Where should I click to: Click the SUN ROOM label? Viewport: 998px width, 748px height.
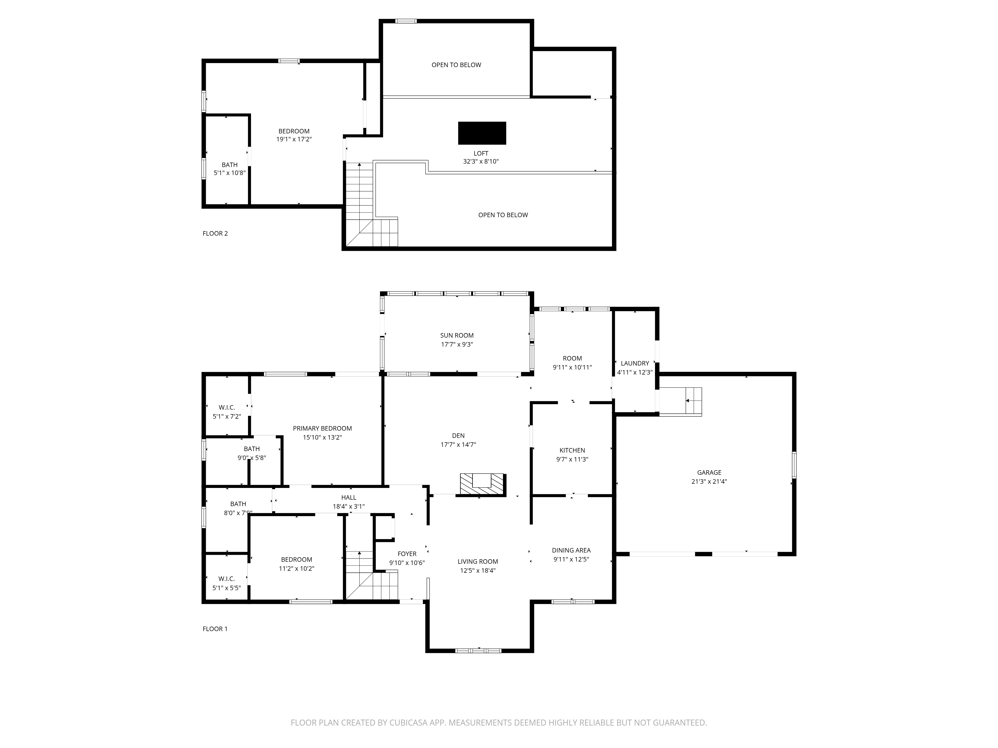pyautogui.click(x=457, y=335)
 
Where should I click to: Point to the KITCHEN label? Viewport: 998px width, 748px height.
pyautogui.click(x=572, y=451)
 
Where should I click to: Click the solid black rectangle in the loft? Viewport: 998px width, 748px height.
pyautogui.click(x=482, y=133)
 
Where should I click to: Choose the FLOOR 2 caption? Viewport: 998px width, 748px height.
pyautogui.click(x=215, y=234)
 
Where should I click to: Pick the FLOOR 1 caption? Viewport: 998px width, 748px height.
pyautogui.click(x=215, y=629)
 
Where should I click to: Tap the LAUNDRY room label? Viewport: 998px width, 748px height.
pyautogui.click(x=635, y=364)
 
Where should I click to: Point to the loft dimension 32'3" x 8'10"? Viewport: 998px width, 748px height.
pyautogui.click(x=481, y=161)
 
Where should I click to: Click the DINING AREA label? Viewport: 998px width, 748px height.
pyautogui.click(x=571, y=551)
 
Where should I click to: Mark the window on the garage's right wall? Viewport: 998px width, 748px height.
pyautogui.click(x=794, y=465)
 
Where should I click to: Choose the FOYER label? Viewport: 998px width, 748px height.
pyautogui.click(x=407, y=554)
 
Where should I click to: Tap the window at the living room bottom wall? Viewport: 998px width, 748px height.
pyautogui.click(x=478, y=651)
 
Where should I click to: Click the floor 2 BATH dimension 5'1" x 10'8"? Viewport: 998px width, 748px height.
pyautogui.click(x=230, y=173)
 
